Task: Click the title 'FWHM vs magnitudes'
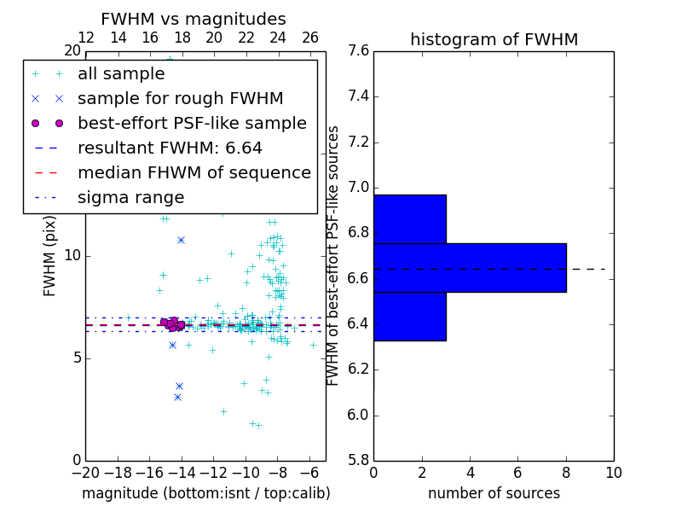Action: [194, 20]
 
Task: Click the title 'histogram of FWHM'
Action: [494, 40]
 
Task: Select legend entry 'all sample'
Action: [121, 74]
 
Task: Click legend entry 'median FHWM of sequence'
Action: [194, 173]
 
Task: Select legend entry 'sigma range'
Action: [130, 198]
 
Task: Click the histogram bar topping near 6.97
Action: [409, 219]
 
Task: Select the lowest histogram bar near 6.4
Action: [409, 317]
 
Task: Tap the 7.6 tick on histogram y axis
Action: [358, 51]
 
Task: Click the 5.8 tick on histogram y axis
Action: [358, 461]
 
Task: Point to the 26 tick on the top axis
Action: [310, 38]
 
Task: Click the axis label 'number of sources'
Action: [494, 493]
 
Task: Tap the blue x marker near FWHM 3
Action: [177, 397]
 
